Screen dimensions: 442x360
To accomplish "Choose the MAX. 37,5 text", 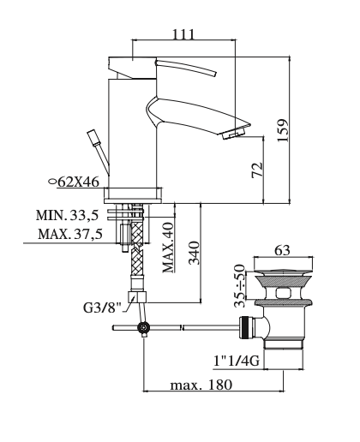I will click(x=71, y=233).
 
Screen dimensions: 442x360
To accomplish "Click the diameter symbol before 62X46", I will click(x=53, y=182).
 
